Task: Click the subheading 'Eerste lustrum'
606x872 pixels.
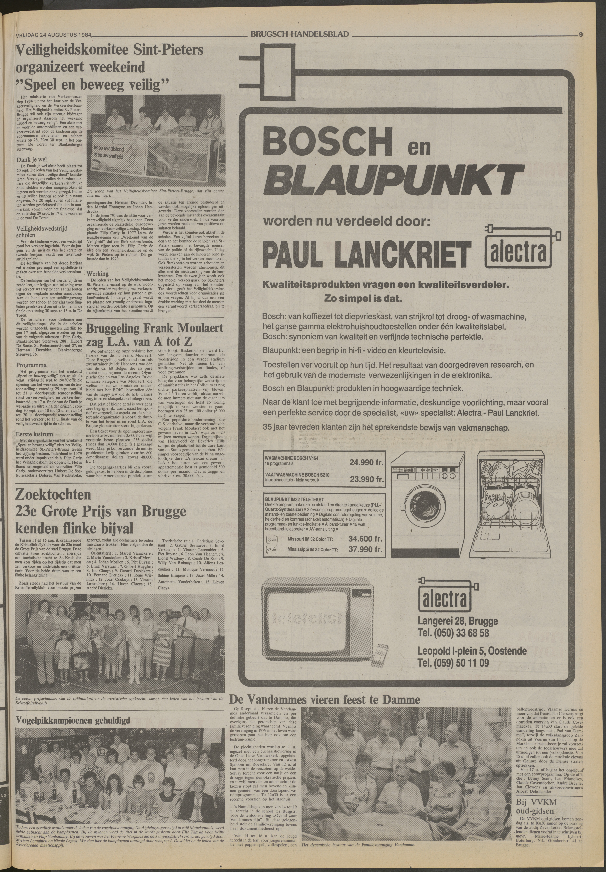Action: point(35,434)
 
